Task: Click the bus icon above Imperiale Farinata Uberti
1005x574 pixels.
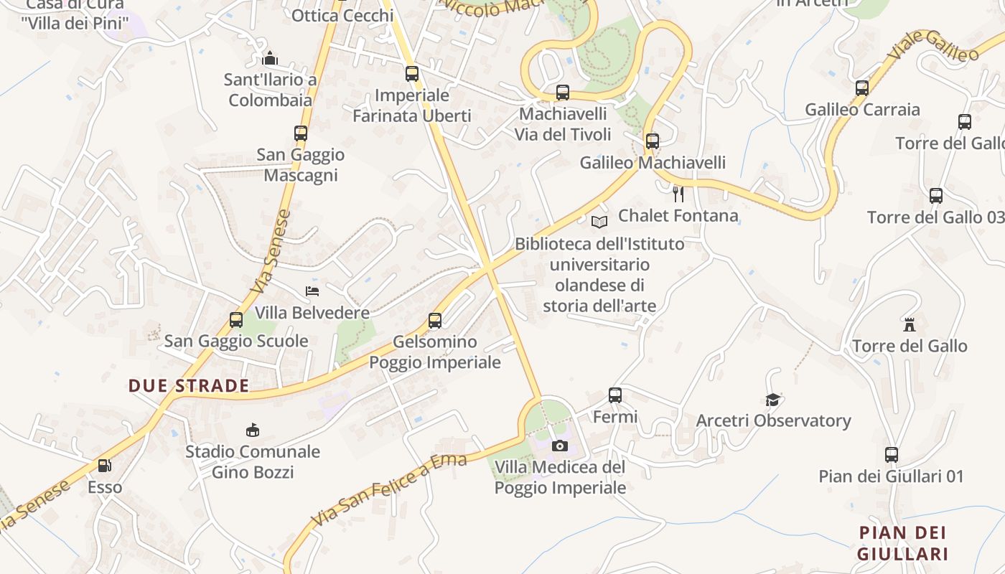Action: [x=411, y=73]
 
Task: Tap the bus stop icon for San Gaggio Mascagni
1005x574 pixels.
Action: [x=300, y=133]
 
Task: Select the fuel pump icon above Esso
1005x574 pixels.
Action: [x=105, y=466]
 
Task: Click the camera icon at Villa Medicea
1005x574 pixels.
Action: [x=560, y=446]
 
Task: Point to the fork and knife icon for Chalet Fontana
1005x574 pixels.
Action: [x=678, y=194]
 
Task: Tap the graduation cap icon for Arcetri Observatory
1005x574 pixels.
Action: [x=772, y=400]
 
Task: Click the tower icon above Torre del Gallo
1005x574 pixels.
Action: [x=910, y=324]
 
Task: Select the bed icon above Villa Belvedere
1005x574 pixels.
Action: [x=312, y=291]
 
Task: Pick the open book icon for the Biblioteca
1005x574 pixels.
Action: [x=599, y=222]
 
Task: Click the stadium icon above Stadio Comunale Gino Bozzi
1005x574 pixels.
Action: [x=252, y=430]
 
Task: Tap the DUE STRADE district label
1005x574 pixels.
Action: [x=189, y=386]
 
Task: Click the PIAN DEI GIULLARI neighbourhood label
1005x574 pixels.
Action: [x=902, y=543]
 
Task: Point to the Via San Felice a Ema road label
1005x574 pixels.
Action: [x=388, y=489]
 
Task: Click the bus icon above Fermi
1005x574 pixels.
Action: [x=615, y=395]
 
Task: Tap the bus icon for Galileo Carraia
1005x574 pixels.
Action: [x=861, y=88]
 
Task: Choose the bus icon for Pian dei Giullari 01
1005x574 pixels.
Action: [x=891, y=454]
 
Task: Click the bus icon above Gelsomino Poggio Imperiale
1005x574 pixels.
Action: [x=435, y=321]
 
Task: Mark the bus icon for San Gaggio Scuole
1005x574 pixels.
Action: [x=236, y=319]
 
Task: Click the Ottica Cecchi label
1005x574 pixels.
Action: [x=342, y=15]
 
